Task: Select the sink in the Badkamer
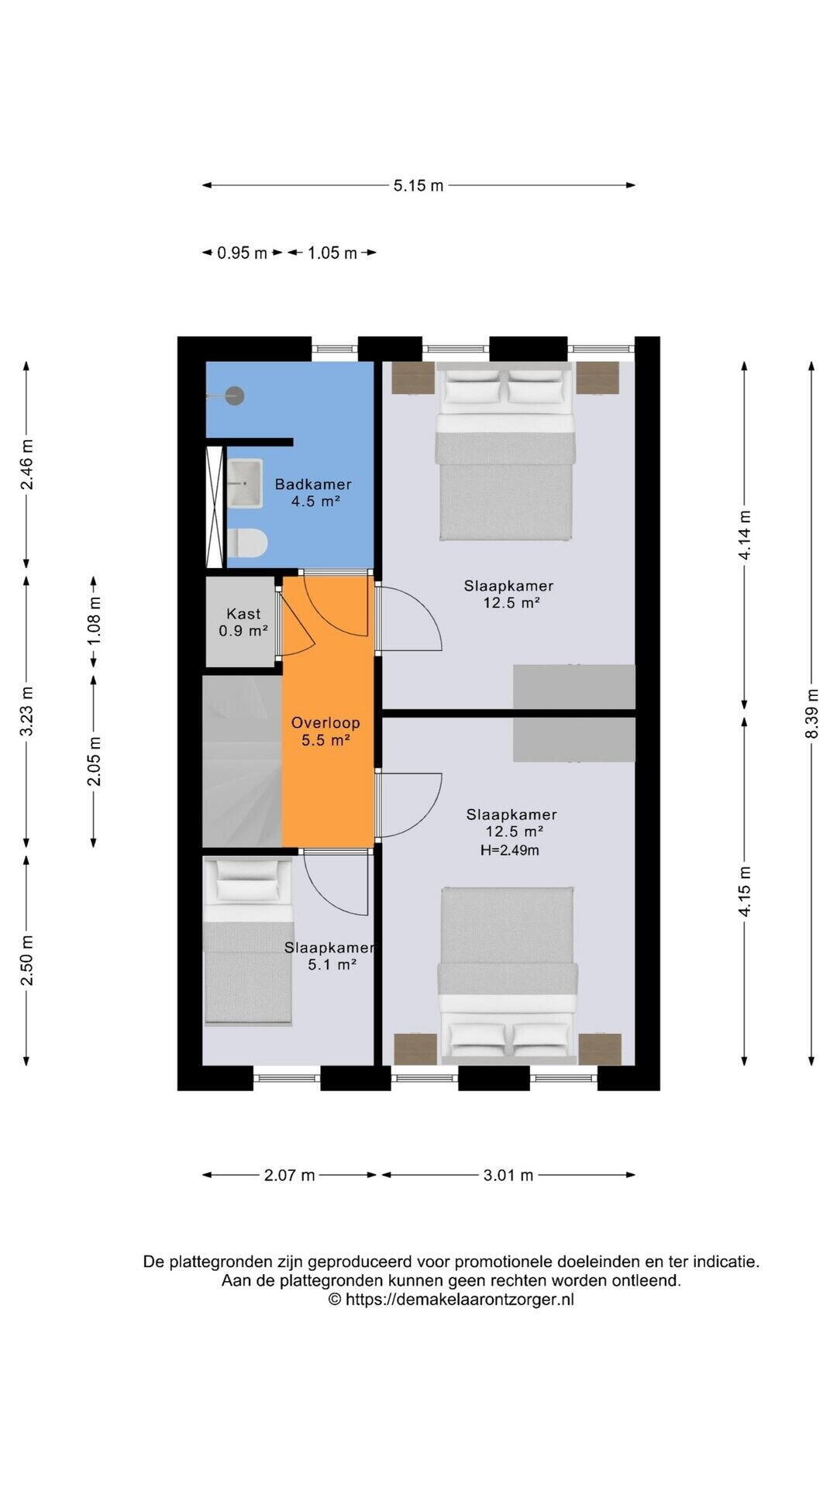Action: coord(245,483)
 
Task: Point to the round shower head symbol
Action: coord(235,395)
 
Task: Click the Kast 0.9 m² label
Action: coord(243,622)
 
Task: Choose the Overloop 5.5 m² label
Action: coord(325,732)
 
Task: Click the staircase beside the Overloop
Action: coord(242,761)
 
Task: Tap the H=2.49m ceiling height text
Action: coord(510,850)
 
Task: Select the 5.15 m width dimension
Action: coord(418,185)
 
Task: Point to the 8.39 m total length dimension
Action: coord(811,714)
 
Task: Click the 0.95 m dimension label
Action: coord(242,253)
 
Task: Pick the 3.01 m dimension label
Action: coord(508,1175)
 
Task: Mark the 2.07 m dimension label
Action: coord(290,1175)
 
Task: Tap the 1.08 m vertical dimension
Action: coord(94,619)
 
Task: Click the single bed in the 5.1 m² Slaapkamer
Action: coord(248,941)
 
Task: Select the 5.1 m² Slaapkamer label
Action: coord(330,956)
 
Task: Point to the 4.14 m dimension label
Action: coord(744,535)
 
